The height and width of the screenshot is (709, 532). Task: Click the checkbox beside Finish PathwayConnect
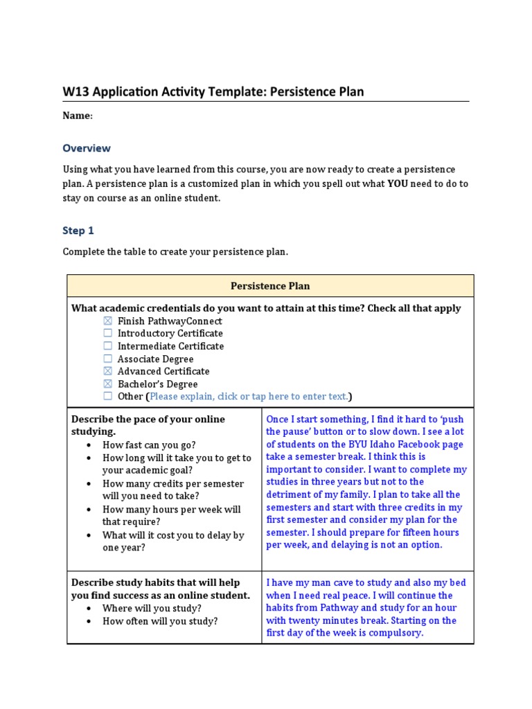click(x=107, y=321)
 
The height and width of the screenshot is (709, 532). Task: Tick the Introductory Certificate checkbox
click(x=107, y=334)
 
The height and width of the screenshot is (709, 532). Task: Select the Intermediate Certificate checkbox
click(x=107, y=346)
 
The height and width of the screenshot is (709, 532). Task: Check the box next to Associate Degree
click(x=107, y=359)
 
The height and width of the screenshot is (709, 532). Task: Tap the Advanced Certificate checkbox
click(x=107, y=371)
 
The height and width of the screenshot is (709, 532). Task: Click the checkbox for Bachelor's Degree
click(x=107, y=384)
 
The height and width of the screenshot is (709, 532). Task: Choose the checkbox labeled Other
click(x=107, y=396)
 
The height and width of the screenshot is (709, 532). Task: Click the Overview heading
click(x=87, y=148)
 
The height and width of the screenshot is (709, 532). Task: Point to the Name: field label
click(x=78, y=116)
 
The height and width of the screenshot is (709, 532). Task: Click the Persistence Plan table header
click(x=270, y=286)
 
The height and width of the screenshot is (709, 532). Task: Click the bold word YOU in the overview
click(x=397, y=184)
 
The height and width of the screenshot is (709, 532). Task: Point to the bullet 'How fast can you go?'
click(x=149, y=445)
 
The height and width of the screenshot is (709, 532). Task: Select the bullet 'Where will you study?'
click(x=152, y=609)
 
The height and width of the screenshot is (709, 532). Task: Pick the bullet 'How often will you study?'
click(x=159, y=621)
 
